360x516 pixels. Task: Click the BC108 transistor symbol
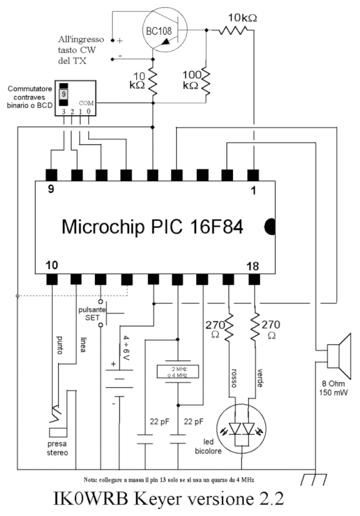165,30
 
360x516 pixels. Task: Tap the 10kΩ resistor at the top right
233,30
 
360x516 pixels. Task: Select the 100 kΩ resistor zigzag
205,81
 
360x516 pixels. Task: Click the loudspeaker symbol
339,356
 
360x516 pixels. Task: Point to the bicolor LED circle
241,429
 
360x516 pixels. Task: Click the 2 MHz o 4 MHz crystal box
177,372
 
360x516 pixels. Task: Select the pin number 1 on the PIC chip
253,190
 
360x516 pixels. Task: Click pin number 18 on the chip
252,266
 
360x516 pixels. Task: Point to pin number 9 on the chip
51,190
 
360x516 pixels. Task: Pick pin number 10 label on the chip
52,265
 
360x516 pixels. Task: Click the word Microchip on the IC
103,227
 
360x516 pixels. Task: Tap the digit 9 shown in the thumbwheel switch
64,94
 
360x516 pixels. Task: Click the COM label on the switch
86,103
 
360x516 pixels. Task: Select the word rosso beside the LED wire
234,378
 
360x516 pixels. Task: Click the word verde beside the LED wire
259,378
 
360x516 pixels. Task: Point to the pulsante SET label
92,314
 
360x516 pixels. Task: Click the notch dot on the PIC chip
270,227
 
